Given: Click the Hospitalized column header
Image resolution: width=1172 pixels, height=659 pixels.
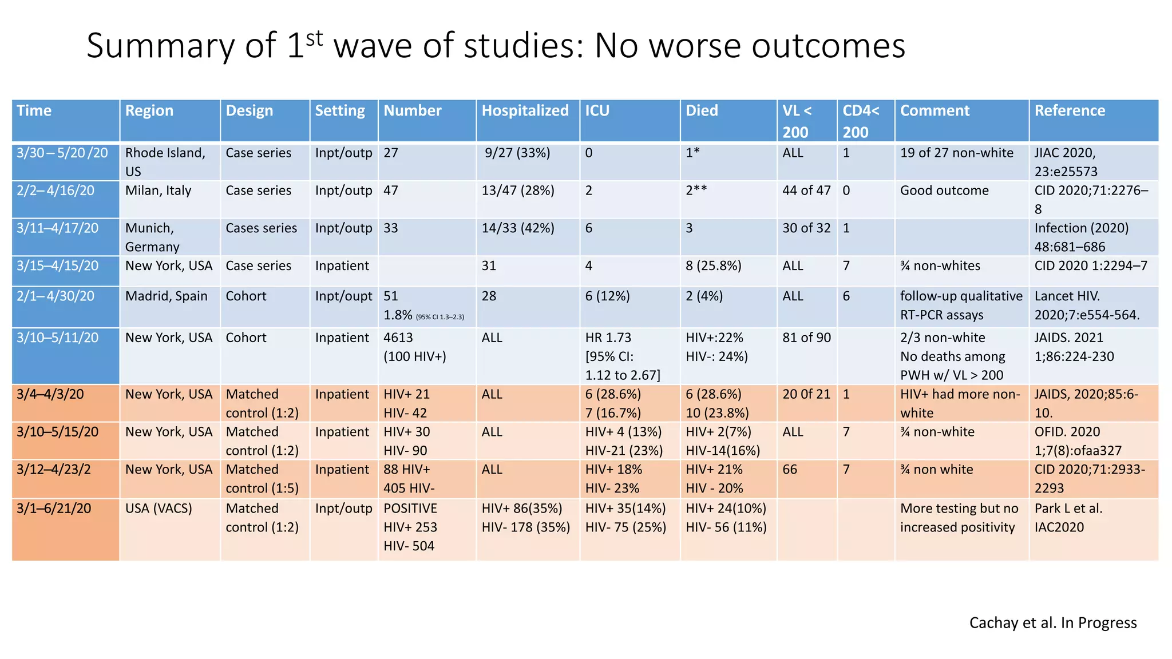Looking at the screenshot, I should point(525,111).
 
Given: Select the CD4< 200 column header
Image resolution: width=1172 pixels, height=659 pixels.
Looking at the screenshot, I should point(861,121).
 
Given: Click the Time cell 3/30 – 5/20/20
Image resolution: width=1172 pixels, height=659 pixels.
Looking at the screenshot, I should point(62,153).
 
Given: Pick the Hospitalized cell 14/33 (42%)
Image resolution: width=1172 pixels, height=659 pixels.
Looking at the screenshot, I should point(518,228).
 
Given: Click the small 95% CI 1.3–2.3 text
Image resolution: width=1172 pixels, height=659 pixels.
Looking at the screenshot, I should point(439,317).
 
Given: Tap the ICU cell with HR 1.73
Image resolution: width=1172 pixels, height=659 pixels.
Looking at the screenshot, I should point(622,356).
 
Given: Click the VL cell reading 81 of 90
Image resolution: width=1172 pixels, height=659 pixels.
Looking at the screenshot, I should point(806,338).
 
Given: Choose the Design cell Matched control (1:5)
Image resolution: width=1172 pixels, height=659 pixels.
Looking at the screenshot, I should point(262,479).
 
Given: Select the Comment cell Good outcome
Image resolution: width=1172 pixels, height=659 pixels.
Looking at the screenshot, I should point(944,190).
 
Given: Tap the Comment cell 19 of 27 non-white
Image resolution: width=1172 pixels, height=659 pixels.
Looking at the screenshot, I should point(956,153).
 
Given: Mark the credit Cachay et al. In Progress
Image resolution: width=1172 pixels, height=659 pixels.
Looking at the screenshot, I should point(1052,622).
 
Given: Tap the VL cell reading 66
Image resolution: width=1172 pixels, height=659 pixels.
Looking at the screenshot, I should point(790,470).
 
